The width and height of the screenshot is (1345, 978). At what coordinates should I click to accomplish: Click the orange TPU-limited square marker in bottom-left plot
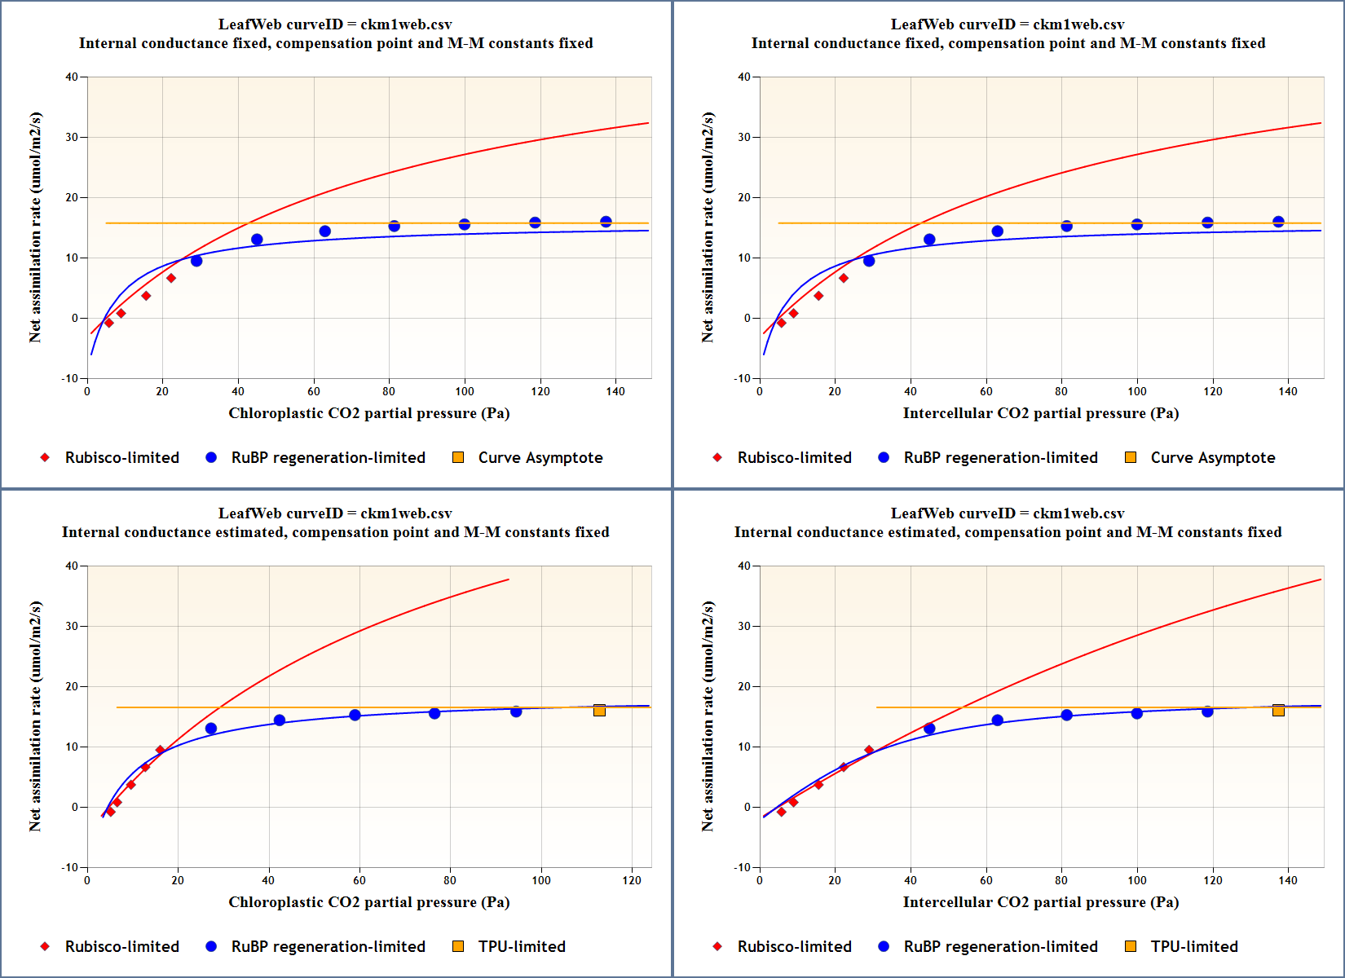point(599,711)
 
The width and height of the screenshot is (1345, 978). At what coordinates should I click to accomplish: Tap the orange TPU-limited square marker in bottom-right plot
point(1278,711)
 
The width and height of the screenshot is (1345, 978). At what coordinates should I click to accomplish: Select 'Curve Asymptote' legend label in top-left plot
point(540,458)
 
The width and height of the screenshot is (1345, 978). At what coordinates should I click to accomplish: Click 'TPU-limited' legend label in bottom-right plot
point(1193,947)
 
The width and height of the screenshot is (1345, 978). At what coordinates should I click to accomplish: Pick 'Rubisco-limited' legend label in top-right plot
point(794,458)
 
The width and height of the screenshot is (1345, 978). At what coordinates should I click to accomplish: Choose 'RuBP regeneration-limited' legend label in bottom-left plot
point(328,947)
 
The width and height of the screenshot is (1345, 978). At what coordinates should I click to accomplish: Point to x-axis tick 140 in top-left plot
point(615,392)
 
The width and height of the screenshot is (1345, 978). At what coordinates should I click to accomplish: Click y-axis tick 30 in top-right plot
point(743,138)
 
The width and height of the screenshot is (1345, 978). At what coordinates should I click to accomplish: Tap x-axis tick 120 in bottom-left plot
point(632,881)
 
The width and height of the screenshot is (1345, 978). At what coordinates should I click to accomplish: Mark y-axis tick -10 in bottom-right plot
point(742,868)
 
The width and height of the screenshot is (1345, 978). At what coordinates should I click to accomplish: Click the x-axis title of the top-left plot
point(368,413)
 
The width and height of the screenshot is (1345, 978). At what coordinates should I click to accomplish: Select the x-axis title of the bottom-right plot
point(1040,902)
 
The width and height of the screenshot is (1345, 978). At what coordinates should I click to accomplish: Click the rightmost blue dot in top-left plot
point(606,222)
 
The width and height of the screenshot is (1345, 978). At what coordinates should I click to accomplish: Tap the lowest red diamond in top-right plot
point(781,324)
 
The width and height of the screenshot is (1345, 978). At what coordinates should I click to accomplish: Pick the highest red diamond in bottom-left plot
point(160,751)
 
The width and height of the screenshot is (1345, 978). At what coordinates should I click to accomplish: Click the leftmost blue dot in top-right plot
point(869,261)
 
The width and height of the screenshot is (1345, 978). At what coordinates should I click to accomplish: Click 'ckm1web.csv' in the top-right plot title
point(1078,24)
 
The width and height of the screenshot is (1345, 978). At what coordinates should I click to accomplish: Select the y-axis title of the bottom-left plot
point(35,716)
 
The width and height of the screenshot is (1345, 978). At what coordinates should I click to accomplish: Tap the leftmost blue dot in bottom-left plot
point(211,729)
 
